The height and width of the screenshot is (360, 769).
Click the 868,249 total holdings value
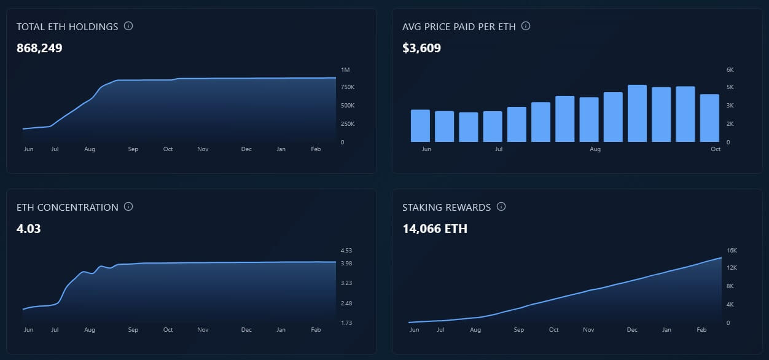click(39, 48)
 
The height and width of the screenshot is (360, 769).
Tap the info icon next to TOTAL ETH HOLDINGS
click(128, 26)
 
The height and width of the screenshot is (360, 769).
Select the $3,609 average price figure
click(421, 48)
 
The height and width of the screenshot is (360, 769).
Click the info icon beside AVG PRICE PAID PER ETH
click(526, 26)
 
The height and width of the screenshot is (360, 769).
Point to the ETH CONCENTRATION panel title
click(68, 207)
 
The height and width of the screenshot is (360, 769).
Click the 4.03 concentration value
click(29, 229)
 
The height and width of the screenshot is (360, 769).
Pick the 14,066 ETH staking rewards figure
click(435, 229)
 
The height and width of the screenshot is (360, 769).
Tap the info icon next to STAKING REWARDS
click(501, 207)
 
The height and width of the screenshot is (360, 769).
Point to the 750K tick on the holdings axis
click(346, 87)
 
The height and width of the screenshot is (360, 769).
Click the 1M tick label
click(345, 70)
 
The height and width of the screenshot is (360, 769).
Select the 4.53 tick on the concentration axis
click(346, 251)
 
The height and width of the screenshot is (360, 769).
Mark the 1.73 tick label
click(346, 323)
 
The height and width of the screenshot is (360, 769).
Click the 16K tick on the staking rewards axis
click(732, 251)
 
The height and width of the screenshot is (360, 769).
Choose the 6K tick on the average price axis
click(730, 70)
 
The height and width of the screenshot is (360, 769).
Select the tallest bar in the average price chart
click(637, 114)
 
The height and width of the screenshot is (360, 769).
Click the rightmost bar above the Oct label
click(709, 118)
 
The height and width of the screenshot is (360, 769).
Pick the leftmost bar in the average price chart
click(420, 126)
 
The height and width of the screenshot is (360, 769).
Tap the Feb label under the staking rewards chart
click(701, 330)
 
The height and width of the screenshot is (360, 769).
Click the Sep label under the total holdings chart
click(133, 149)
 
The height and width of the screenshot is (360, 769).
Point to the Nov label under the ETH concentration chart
click(203, 330)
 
